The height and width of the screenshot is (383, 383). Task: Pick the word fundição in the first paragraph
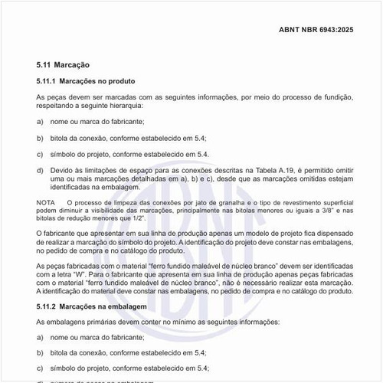(x=335, y=97)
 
